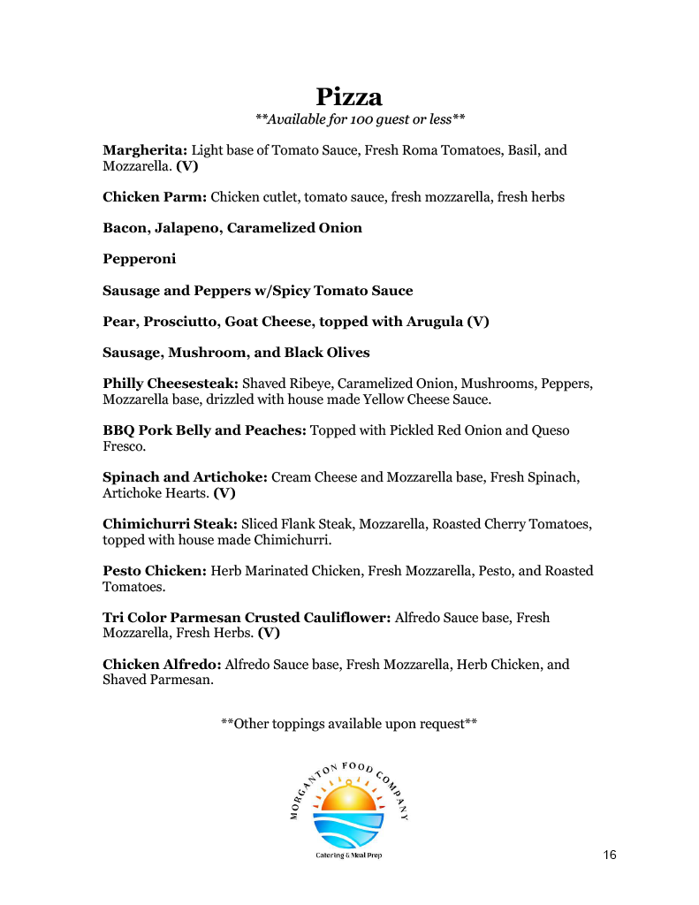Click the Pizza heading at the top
[x=349, y=96]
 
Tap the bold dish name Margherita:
[x=145, y=150]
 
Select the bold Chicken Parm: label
[x=155, y=197]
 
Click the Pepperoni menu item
[x=140, y=259]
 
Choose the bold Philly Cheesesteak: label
[x=171, y=384]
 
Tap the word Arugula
[x=434, y=322]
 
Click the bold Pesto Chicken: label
[x=155, y=571]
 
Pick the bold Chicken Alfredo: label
[x=163, y=665]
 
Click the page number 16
[x=610, y=855]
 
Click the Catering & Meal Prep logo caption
[x=349, y=856]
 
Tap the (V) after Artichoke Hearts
[x=224, y=493]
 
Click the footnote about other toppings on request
[x=349, y=724]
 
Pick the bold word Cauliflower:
[x=347, y=618]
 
